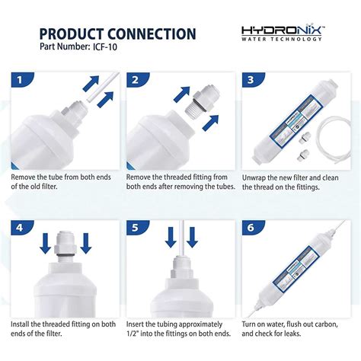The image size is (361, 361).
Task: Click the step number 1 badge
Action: (x=21, y=79)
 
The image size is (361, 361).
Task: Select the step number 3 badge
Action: (x=248, y=79)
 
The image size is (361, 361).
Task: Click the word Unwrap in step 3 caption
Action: (x=256, y=178)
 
